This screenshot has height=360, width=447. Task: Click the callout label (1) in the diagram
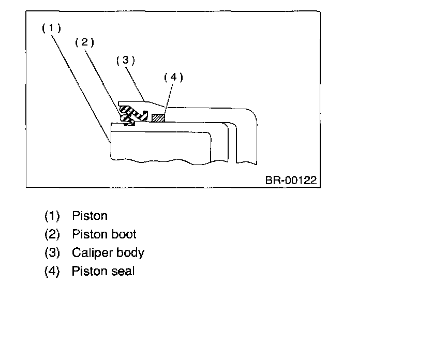click(x=51, y=28)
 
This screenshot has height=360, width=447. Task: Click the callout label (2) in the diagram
click(x=84, y=42)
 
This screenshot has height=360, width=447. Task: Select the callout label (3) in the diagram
click(x=125, y=60)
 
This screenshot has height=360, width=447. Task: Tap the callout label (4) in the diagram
click(x=173, y=78)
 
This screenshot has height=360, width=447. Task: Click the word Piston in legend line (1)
click(x=90, y=215)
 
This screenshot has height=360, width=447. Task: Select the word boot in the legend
click(x=124, y=234)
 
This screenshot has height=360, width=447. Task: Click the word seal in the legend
click(x=123, y=271)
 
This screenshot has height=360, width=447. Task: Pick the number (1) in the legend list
click(x=52, y=216)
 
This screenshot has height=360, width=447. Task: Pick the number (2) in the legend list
click(x=52, y=234)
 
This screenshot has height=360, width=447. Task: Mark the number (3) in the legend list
click(x=52, y=253)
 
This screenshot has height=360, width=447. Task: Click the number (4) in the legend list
click(x=52, y=271)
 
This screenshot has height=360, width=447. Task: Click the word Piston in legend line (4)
click(x=90, y=271)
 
